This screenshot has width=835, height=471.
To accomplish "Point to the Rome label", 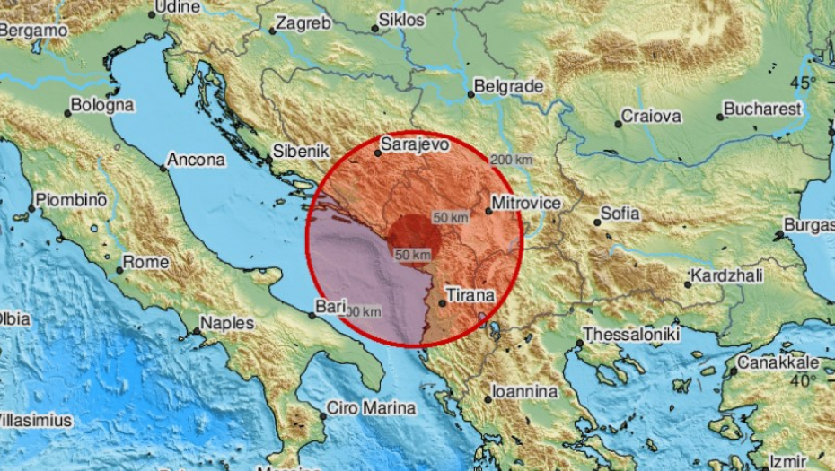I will click(145, 262).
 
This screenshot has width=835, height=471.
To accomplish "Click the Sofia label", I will click(620, 214).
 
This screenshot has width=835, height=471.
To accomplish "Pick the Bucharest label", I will click(763, 109).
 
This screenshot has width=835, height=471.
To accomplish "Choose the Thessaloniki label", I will click(627, 334).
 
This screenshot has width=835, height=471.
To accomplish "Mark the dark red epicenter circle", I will click(413, 239).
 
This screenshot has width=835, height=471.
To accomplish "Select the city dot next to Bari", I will click(312, 316).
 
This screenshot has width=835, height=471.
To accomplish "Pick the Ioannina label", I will click(525, 392).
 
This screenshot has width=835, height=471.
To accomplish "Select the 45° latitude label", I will click(803, 83).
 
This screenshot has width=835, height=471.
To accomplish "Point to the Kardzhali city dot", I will click(687, 283).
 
